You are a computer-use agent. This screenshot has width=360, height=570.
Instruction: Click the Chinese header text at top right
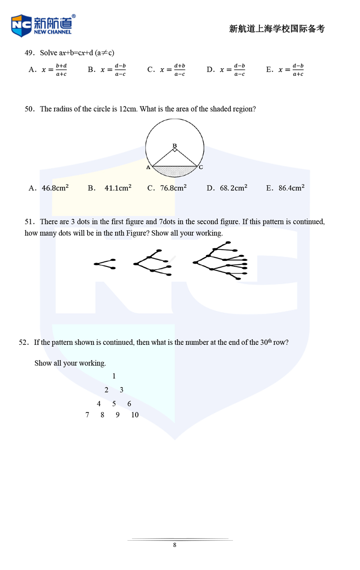coord(276,29)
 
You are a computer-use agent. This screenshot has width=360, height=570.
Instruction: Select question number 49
coord(29,53)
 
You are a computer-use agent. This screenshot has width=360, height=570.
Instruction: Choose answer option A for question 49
coord(47,70)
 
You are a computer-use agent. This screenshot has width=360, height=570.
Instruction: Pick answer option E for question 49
coord(285,70)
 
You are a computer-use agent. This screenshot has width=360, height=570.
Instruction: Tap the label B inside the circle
coord(175,145)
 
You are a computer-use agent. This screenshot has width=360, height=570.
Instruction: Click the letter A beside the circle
coord(148,167)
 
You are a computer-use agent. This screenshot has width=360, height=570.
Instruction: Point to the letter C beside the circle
coord(201,167)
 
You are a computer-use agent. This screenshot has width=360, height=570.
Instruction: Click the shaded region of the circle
coord(175,171)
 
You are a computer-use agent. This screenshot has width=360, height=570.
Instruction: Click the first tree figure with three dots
coord(105,264)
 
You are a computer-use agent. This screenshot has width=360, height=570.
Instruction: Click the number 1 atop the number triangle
coord(114,376)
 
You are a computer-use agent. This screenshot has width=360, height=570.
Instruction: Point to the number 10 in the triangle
coord(135,415)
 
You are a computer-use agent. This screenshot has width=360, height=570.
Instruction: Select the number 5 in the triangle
coord(114,404)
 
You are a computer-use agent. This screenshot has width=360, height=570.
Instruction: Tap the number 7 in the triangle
coord(87,415)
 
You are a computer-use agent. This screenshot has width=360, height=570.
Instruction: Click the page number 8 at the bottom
coord(175,545)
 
